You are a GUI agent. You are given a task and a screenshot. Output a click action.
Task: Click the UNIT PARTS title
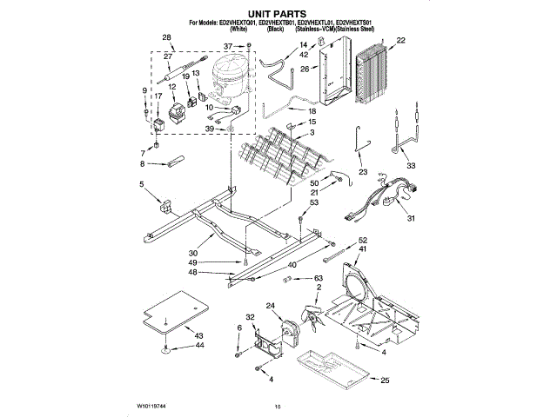278,13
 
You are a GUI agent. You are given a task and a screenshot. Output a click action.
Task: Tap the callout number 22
401,40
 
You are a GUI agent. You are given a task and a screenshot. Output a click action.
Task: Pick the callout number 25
385,380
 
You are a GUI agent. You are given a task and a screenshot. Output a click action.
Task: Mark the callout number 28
167,38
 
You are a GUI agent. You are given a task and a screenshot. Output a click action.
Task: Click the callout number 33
411,165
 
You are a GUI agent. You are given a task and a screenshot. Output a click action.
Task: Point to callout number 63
319,278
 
